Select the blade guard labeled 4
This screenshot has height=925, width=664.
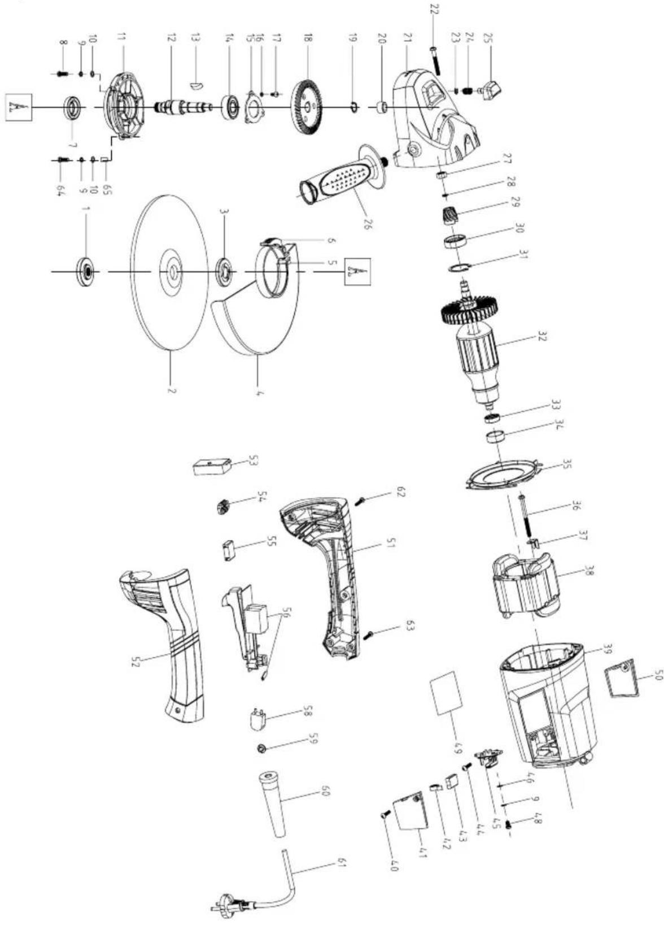click(x=248, y=328)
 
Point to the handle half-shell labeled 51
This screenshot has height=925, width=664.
click(x=322, y=571)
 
